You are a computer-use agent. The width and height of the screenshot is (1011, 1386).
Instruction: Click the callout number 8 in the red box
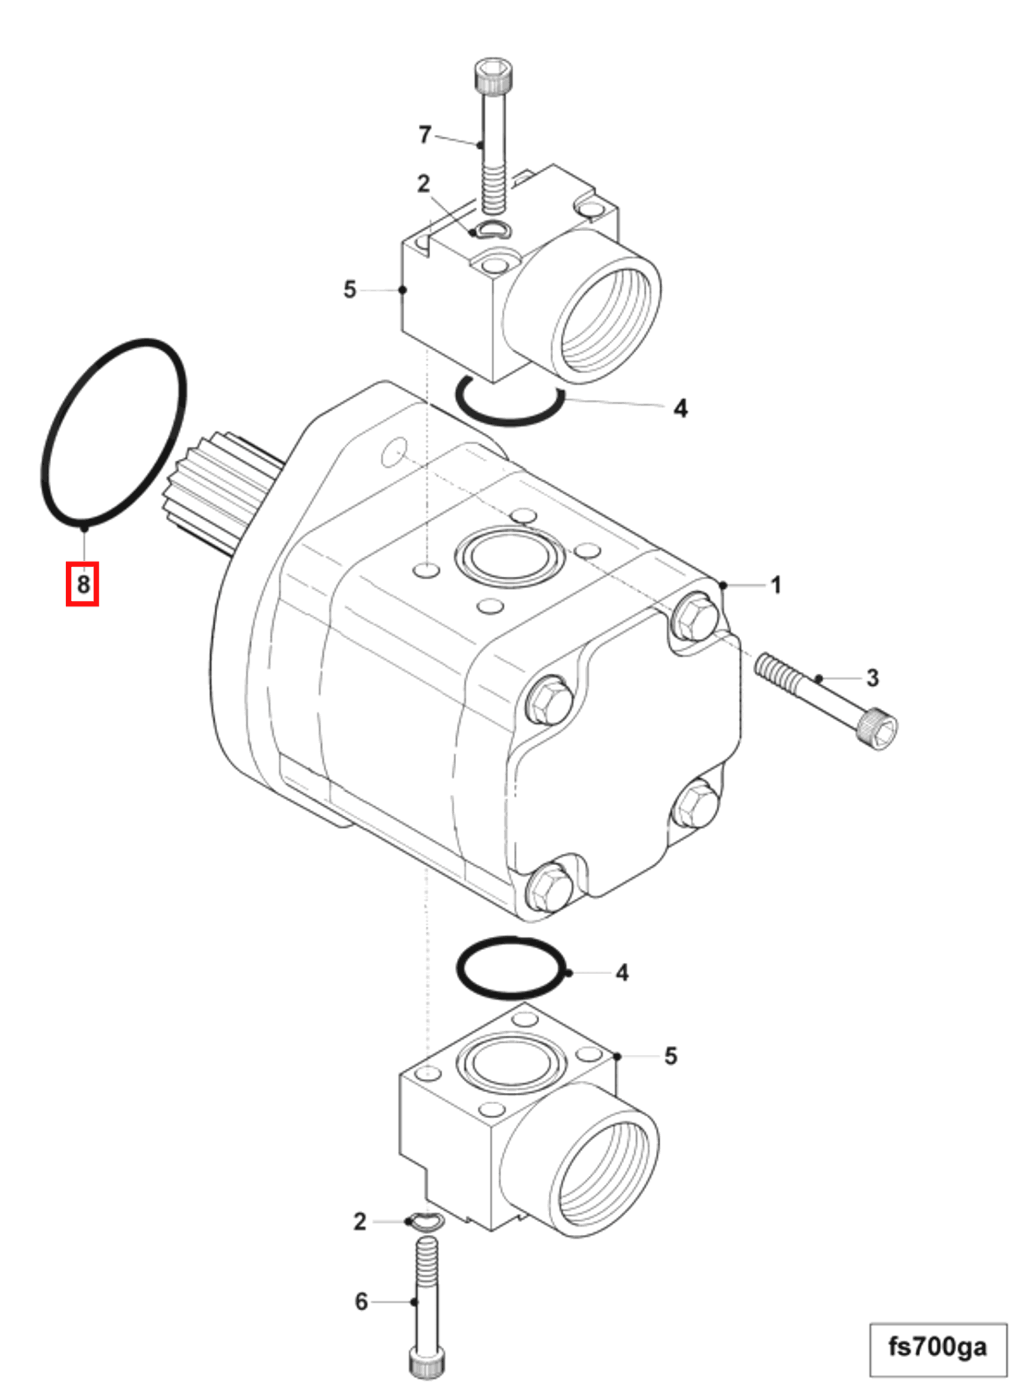pyautogui.click(x=82, y=585)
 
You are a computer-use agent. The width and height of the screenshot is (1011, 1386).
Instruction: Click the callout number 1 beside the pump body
pyautogui.click(x=775, y=585)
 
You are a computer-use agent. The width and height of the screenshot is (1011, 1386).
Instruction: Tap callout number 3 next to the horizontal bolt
pyautogui.click(x=872, y=679)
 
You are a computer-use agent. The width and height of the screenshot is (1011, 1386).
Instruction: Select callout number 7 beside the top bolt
pyautogui.click(x=425, y=135)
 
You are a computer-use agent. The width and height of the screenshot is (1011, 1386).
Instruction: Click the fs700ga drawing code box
pyautogui.click(x=938, y=1347)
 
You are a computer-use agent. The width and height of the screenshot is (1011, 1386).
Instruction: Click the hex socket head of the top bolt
pyautogui.click(x=494, y=75)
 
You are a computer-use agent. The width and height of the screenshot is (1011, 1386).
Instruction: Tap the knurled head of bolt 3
pyautogui.click(x=877, y=730)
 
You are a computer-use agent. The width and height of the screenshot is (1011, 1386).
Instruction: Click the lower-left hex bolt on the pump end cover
pyautogui.click(x=549, y=889)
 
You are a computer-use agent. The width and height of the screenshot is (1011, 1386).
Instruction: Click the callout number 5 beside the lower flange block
pyautogui.click(x=671, y=1056)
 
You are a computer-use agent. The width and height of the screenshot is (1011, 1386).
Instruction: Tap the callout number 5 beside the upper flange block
pyautogui.click(x=350, y=290)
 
